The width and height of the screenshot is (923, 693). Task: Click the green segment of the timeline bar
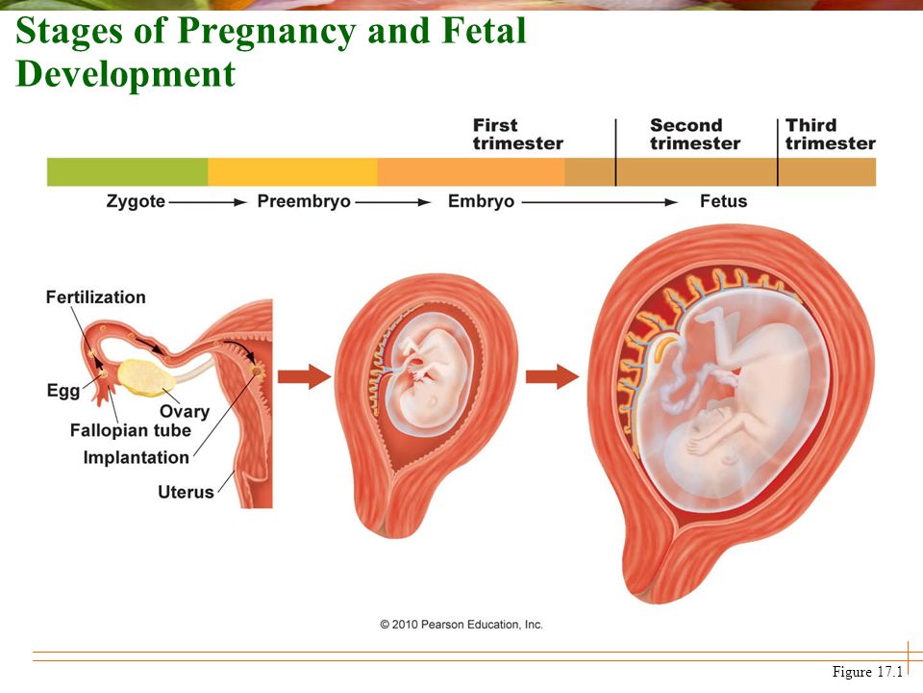pyautogui.click(x=127, y=172)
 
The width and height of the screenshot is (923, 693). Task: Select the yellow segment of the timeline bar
pyautogui.click(x=292, y=172)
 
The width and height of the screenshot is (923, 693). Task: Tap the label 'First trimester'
pyautogui.click(x=518, y=135)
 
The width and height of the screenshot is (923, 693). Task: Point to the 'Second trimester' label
pyautogui.click(x=695, y=135)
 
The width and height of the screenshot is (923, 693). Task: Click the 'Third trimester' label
pyautogui.click(x=831, y=135)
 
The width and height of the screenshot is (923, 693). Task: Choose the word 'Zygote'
pyautogui.click(x=136, y=201)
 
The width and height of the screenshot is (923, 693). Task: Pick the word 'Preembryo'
pyautogui.click(x=304, y=201)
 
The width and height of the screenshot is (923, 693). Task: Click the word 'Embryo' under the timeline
pyautogui.click(x=481, y=201)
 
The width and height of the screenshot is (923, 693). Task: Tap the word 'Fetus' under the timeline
pyautogui.click(x=723, y=201)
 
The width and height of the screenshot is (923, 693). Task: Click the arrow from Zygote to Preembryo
pyautogui.click(x=208, y=202)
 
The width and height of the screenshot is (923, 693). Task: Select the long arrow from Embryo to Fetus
pyautogui.click(x=600, y=202)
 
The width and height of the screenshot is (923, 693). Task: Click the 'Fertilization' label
pyautogui.click(x=96, y=297)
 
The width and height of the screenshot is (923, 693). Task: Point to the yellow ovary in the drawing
pyautogui.click(x=145, y=377)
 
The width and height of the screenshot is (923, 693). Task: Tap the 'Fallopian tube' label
pyautogui.click(x=131, y=431)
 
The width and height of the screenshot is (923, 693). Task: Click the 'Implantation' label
pyautogui.click(x=136, y=458)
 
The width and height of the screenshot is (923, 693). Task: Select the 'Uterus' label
pyautogui.click(x=186, y=492)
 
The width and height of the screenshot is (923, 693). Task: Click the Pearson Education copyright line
pyautogui.click(x=461, y=625)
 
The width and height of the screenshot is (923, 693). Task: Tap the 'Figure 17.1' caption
pyautogui.click(x=867, y=672)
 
